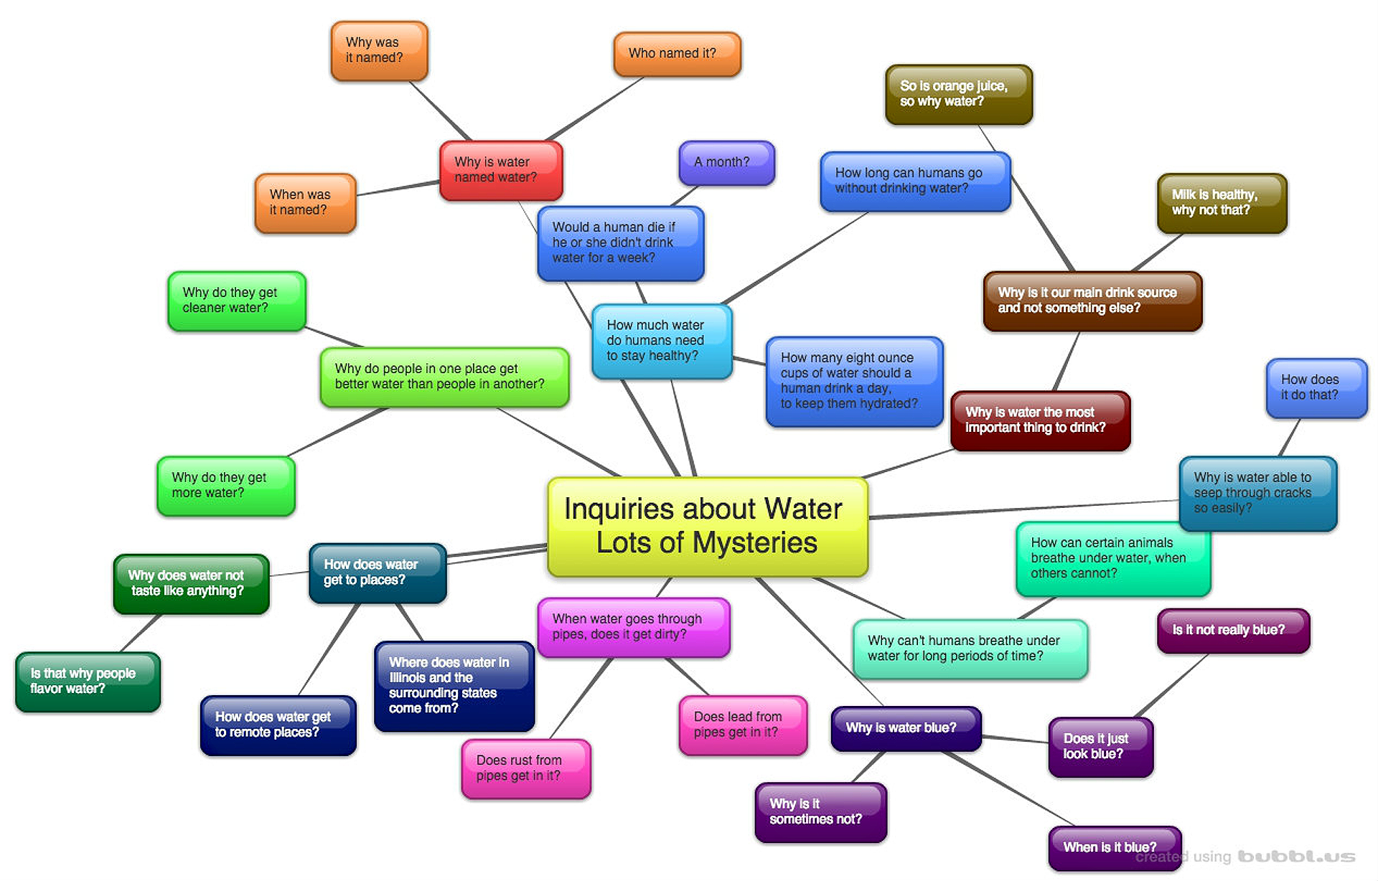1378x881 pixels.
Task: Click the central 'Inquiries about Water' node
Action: click(707, 526)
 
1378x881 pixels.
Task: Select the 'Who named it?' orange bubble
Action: click(677, 54)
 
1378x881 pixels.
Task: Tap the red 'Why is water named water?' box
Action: click(500, 170)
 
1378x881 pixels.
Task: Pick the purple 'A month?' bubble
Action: click(726, 162)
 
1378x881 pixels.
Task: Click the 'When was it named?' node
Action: click(305, 202)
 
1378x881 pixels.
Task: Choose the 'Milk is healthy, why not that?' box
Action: click(1221, 202)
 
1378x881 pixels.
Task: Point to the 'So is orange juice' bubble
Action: click(958, 94)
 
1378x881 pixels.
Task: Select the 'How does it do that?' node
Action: click(1316, 387)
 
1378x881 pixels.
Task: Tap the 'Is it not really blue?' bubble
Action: click(1232, 630)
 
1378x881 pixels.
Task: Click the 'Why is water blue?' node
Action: click(905, 728)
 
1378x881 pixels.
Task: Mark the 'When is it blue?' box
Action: click(1113, 847)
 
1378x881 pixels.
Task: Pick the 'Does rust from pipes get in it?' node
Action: click(525, 768)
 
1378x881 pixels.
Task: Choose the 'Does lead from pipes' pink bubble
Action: click(742, 725)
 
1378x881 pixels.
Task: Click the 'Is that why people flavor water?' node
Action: click(88, 682)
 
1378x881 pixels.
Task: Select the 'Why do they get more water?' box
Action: click(225, 486)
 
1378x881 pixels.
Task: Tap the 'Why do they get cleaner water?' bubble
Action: click(236, 301)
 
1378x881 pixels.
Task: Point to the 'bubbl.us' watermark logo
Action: click(1296, 857)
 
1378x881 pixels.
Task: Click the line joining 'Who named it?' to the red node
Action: click(594, 109)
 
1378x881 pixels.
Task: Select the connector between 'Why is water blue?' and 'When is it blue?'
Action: click(1008, 788)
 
